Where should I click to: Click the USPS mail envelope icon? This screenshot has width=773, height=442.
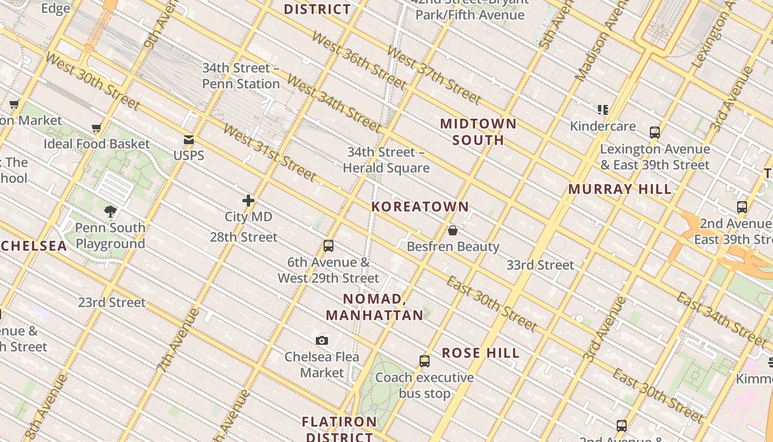click(x=189, y=140)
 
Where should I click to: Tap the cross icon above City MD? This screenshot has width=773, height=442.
click(x=248, y=201)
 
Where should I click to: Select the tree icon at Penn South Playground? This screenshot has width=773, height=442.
click(x=110, y=211)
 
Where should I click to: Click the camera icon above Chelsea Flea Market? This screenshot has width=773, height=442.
click(x=321, y=340)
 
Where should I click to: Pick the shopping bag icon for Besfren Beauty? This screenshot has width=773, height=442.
click(x=453, y=230)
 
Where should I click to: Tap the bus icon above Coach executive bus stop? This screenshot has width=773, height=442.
click(x=424, y=361)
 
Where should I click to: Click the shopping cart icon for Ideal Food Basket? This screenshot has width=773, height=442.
click(x=97, y=128)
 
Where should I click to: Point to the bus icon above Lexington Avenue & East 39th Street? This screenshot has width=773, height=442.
click(x=655, y=133)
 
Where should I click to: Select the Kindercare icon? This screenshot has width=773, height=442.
click(x=603, y=110)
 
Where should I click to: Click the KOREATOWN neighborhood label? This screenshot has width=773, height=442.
click(x=420, y=207)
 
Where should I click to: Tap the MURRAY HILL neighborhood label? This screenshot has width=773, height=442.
click(x=620, y=189)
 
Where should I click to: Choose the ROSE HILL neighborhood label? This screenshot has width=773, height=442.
click(x=481, y=353)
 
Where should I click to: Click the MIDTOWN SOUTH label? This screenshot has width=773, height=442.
click(x=478, y=131)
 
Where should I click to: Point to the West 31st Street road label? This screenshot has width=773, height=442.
click(x=269, y=152)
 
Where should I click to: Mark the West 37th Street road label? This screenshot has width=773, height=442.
click(x=433, y=75)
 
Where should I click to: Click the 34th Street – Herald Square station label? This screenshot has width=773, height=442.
click(x=386, y=160)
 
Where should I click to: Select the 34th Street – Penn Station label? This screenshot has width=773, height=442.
click(x=241, y=76)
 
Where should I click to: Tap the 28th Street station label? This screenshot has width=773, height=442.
click(x=243, y=237)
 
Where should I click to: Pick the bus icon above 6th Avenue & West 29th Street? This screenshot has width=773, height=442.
click(x=329, y=246)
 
